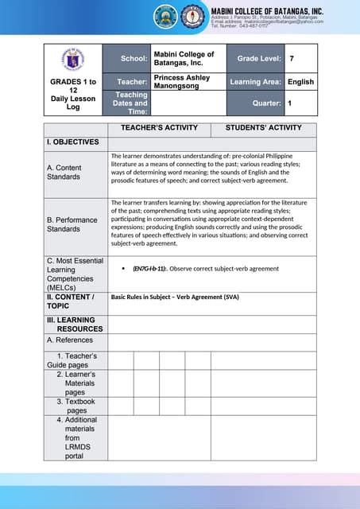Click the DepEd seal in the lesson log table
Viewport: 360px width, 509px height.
point(73,58)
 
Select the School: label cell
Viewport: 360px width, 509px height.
point(134,59)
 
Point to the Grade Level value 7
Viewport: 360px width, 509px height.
point(292,59)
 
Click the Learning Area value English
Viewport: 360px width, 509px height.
point(300,82)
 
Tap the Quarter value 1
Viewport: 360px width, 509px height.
point(290,103)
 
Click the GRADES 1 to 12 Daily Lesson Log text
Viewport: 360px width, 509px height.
point(73,94)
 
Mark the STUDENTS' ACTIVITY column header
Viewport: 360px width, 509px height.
point(263,128)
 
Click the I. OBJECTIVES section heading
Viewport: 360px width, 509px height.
point(72,142)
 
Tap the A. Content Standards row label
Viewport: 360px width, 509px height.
point(64,172)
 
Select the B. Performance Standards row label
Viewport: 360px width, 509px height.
point(72,224)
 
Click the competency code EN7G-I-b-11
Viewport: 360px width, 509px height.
point(149,270)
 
